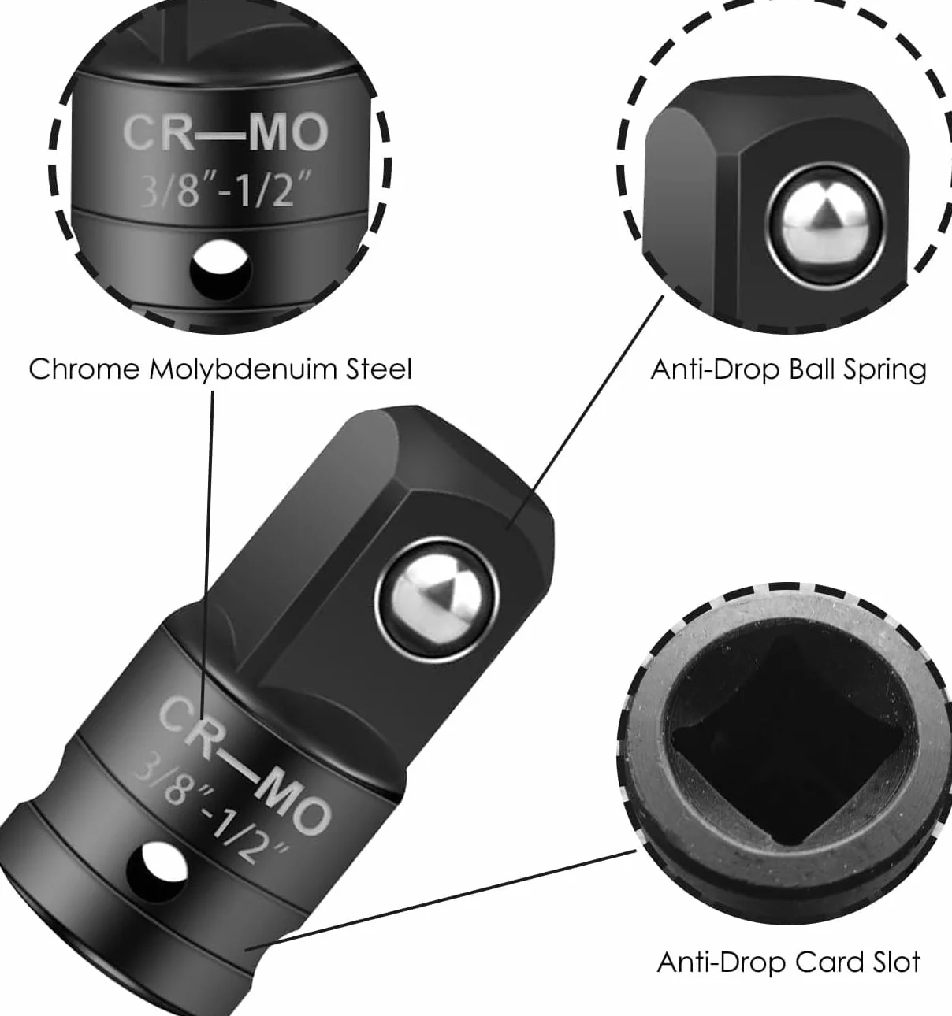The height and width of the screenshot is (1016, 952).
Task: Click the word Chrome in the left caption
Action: (84, 369)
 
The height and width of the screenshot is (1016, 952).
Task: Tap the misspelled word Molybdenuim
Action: (243, 370)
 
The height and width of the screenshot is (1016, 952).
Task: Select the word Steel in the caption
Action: (378, 369)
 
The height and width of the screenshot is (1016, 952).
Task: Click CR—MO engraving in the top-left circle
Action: (225, 133)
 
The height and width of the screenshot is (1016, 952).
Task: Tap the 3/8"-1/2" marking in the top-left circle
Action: (225, 190)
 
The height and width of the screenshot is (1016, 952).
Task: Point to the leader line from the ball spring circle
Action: (585, 413)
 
